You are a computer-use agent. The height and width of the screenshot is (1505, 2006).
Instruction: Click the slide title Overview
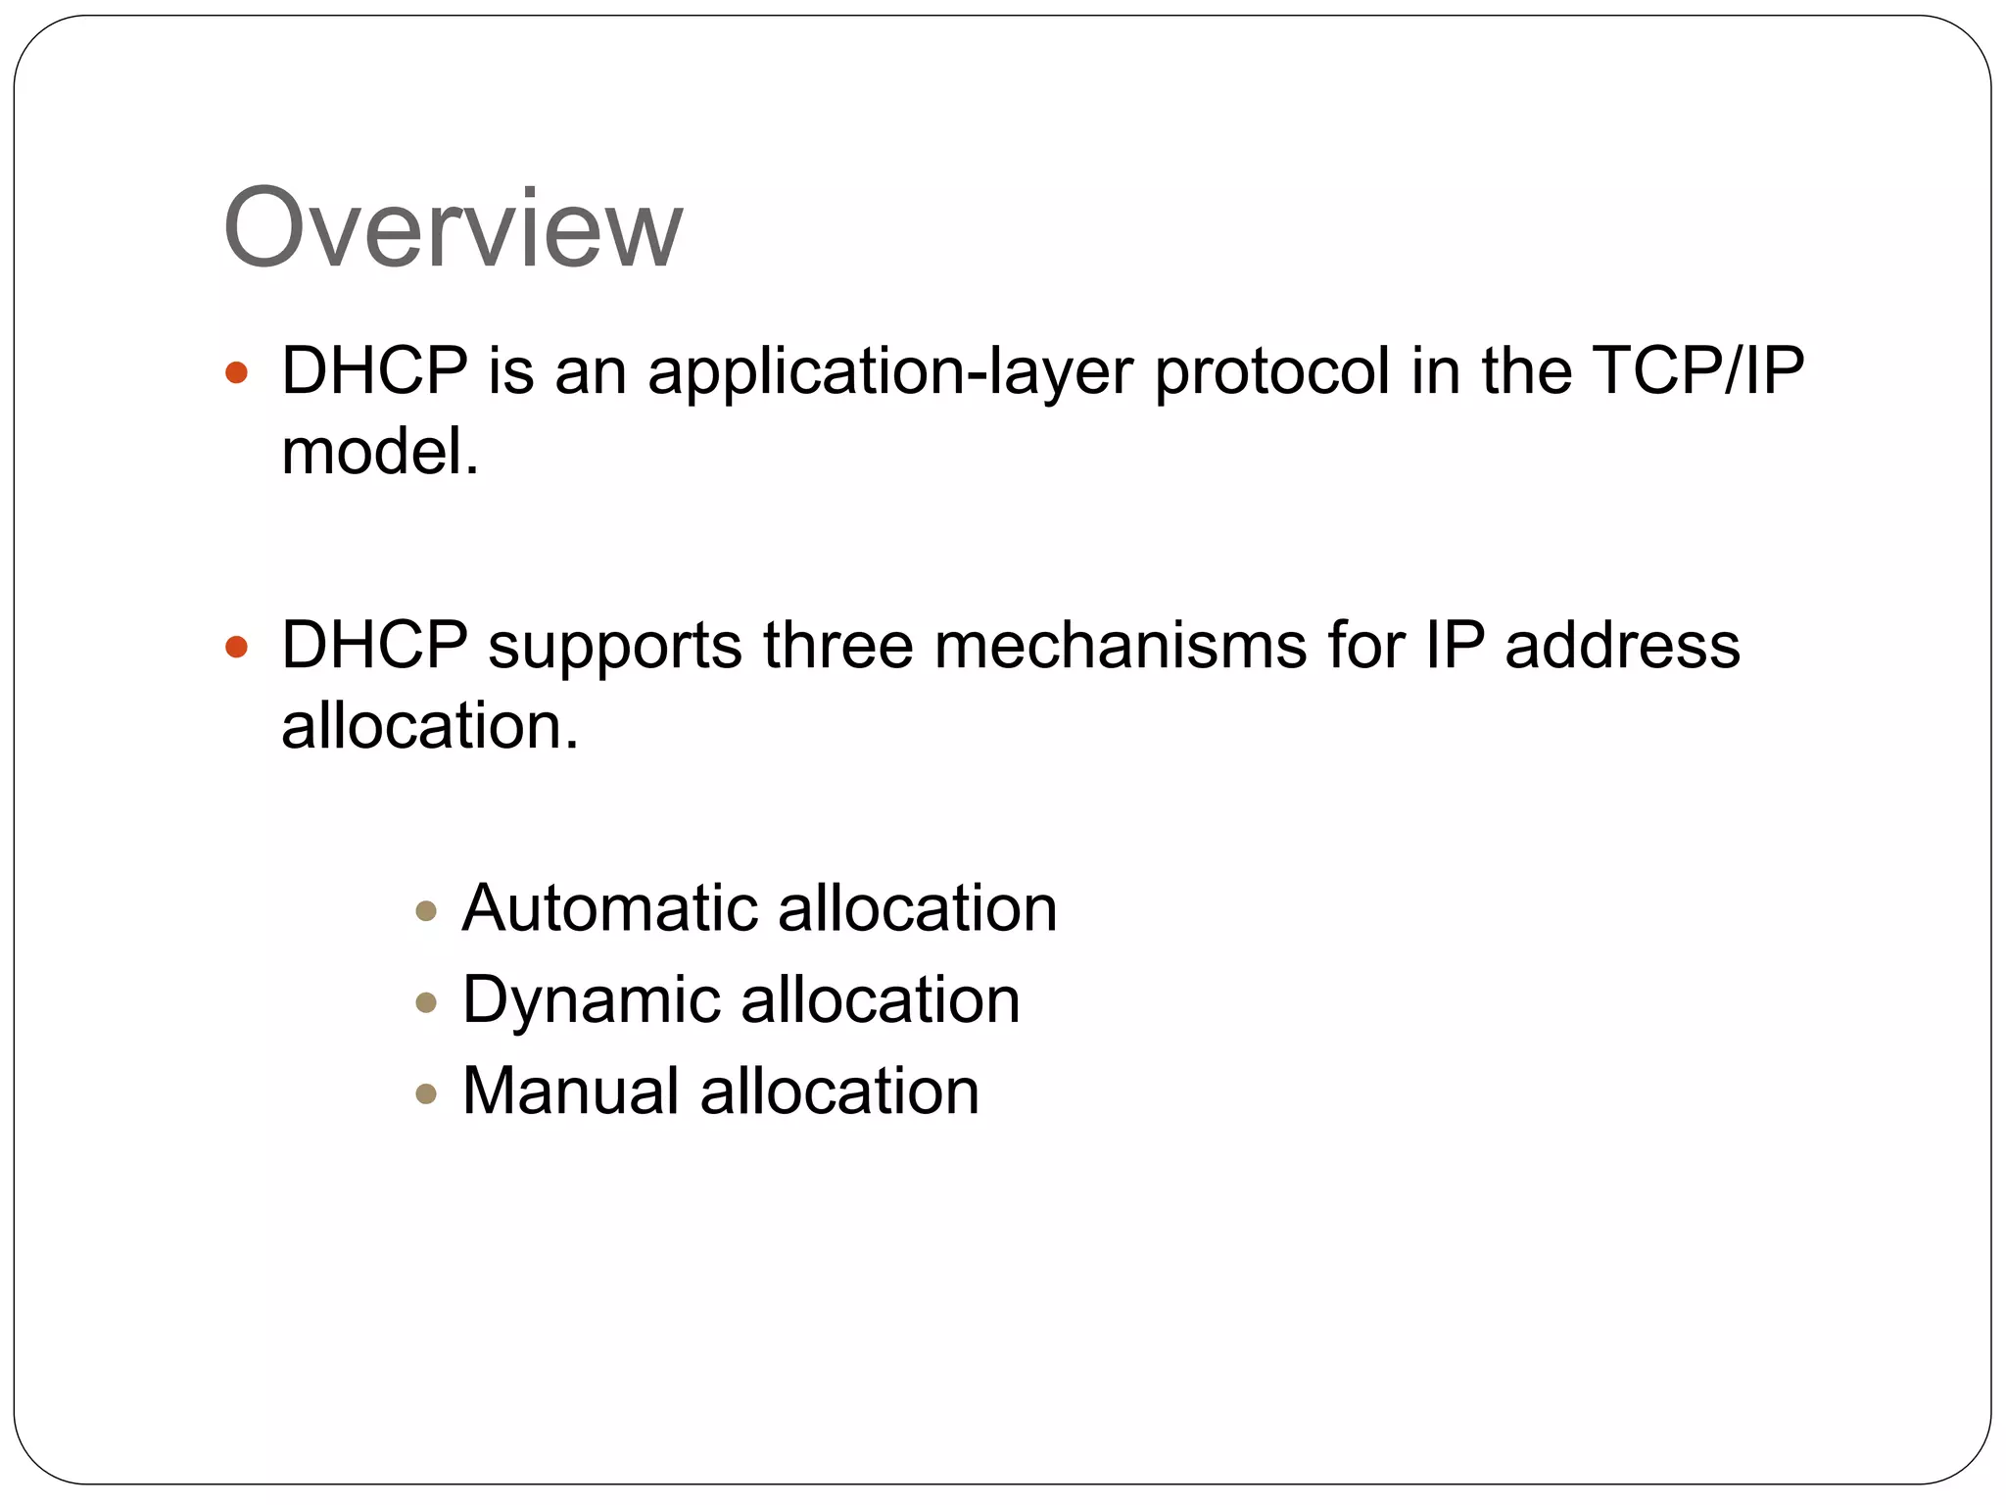coord(453,228)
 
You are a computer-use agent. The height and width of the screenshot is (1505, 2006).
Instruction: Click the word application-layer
coord(889,372)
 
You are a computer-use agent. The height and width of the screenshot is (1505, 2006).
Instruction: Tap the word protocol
coord(1272,372)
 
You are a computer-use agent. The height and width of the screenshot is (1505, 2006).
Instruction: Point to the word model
coord(380,452)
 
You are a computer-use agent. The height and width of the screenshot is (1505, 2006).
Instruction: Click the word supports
coord(615,648)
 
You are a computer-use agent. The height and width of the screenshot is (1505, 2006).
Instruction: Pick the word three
coord(837,646)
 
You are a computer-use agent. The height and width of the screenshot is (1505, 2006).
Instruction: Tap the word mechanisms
coord(1121,646)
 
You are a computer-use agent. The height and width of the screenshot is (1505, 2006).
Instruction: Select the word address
coord(1622,646)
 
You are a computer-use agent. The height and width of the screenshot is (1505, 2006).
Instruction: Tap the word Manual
coord(570,1091)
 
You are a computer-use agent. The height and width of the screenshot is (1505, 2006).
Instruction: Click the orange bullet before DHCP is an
coord(236,372)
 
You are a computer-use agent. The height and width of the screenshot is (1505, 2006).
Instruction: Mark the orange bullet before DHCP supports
coord(236,647)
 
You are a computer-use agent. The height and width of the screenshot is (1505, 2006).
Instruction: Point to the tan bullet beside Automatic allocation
coord(426,911)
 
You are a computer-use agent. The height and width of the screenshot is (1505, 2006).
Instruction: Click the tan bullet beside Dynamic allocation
coord(426,1002)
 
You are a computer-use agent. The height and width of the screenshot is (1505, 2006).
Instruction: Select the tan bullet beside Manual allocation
coord(426,1093)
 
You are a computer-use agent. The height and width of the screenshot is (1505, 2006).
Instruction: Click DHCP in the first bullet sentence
coord(374,371)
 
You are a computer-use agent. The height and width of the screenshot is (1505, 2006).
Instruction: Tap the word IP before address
coord(1455,646)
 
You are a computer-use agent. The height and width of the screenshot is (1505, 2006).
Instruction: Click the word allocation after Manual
coord(839,1091)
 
